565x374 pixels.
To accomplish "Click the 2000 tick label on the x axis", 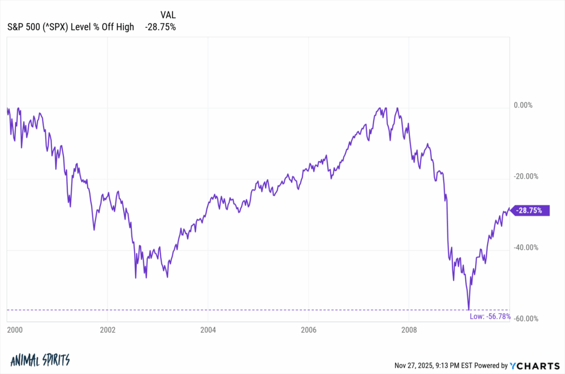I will (x=8, y=330).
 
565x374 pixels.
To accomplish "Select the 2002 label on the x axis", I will (x=108, y=330).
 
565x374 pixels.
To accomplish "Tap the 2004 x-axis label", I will (x=208, y=330).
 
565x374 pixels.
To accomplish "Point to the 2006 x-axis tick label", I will (x=308, y=330).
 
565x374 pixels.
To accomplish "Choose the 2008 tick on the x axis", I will (x=409, y=330).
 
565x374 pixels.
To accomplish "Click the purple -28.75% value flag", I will (x=531, y=210).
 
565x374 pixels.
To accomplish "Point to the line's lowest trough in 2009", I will (x=468, y=309).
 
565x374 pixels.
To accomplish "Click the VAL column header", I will (x=168, y=14).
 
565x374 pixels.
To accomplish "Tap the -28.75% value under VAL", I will (x=160, y=26).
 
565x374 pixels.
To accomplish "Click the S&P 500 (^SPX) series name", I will (x=71, y=26).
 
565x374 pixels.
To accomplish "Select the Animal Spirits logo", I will (x=40, y=360).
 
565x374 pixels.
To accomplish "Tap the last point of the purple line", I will (x=509, y=208).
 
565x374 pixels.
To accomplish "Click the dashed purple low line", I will (x=221, y=310).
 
